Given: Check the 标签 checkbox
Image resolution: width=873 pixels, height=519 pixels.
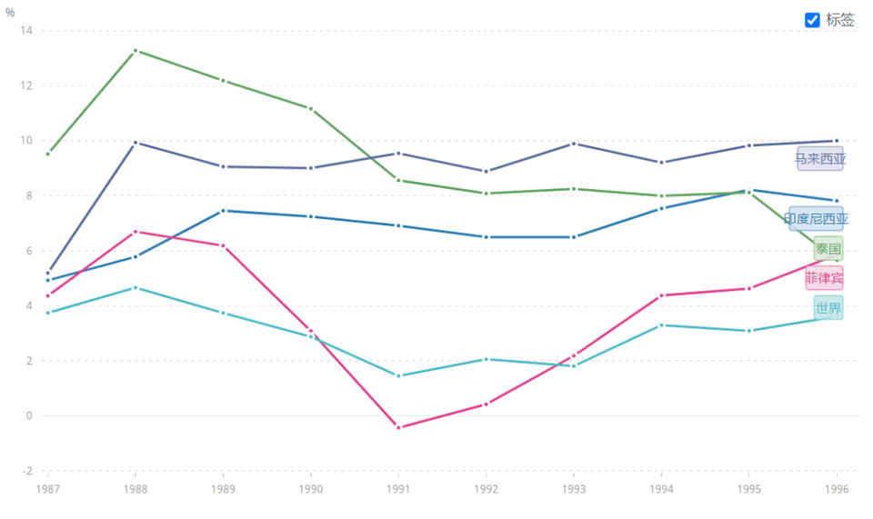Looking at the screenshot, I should click(x=812, y=20).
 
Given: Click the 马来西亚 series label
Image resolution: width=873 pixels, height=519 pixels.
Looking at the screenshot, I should click(x=820, y=159).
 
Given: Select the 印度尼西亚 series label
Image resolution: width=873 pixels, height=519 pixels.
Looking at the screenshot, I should click(x=816, y=218).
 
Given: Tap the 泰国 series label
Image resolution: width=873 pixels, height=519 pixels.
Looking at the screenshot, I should click(x=828, y=248).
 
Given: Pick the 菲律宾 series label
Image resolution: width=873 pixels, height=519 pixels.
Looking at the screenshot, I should click(x=824, y=278).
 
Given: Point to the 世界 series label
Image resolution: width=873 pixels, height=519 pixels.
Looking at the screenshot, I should click(x=828, y=308).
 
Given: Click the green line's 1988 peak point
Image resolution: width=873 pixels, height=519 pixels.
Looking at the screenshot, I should click(x=135, y=51).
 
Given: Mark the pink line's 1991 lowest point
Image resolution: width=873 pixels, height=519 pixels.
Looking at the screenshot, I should click(x=398, y=427).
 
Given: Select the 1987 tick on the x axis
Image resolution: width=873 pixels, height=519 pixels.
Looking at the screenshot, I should click(x=48, y=488).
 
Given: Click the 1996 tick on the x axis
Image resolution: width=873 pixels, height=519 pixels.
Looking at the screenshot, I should click(x=837, y=488).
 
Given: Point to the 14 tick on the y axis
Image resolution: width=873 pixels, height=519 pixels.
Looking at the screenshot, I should click(x=25, y=31).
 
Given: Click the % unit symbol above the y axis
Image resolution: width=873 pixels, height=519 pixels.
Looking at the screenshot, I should click(x=10, y=12).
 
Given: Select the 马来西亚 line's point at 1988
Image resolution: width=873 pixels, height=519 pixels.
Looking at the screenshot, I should click(x=135, y=143).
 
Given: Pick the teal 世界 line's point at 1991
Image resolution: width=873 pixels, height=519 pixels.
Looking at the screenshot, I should click(x=398, y=376).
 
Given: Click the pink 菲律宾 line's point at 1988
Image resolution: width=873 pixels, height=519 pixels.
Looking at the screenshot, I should click(x=135, y=232).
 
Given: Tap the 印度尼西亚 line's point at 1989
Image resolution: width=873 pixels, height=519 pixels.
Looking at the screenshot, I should click(x=223, y=211).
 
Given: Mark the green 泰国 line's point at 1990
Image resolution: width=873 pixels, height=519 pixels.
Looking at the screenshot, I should click(x=311, y=108).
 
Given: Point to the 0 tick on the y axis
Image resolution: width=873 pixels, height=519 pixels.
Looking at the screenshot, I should click(x=29, y=416).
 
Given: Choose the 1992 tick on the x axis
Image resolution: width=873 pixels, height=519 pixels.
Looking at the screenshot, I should click(x=487, y=488).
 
